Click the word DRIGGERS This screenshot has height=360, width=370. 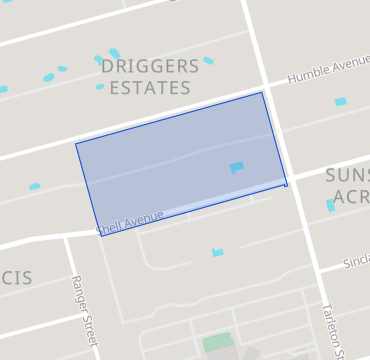point(150,67)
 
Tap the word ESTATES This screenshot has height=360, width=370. point(151,88)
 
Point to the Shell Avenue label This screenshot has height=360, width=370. point(130,224)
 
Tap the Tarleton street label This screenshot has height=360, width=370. point(332,330)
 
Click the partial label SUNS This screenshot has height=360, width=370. point(347,176)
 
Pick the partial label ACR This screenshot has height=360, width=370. point(352,196)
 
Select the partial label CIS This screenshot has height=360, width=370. point(16,277)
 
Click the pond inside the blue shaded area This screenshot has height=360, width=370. point(236,167)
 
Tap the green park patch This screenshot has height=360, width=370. point(217,342)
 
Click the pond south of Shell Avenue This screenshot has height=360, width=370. point(217,252)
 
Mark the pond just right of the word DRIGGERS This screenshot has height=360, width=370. point(208,61)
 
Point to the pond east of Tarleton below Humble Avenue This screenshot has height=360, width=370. point(340,102)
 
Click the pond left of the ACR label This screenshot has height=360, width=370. point(330,205)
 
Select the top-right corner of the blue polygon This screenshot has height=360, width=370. point(263,93)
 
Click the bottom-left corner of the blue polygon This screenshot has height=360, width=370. point(96,236)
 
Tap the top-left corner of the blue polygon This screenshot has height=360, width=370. point(76,143)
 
